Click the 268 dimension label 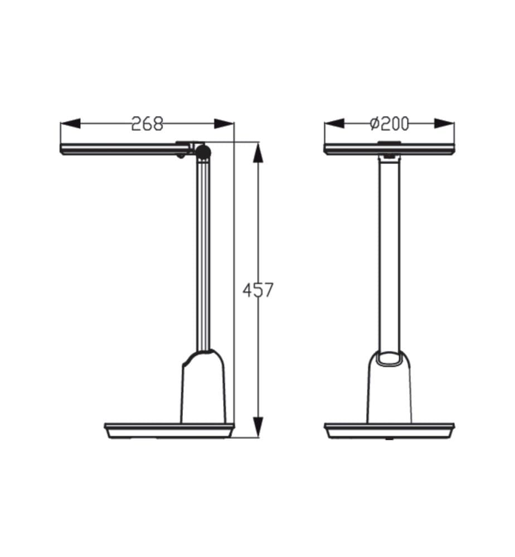[x=147, y=124]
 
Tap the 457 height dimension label [x=258, y=290]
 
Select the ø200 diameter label [x=390, y=124]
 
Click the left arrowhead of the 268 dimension [x=70, y=124]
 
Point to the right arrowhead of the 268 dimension [x=224, y=124]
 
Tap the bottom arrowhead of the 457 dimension [x=258, y=427]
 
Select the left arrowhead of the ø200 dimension [x=334, y=124]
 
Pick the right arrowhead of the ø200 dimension [x=444, y=124]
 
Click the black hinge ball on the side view [x=203, y=152]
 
